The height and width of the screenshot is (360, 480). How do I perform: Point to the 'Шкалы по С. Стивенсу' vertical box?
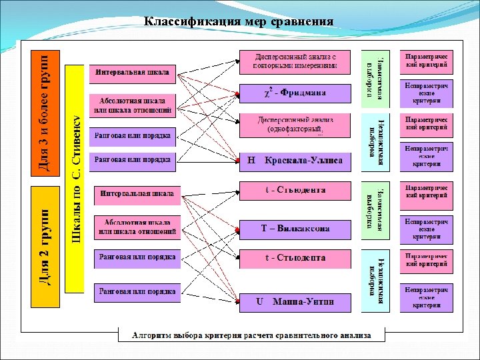[x=75, y=179]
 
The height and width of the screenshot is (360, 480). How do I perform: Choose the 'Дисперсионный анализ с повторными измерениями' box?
[x=294, y=61]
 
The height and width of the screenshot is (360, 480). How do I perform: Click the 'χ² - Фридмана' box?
[x=294, y=93]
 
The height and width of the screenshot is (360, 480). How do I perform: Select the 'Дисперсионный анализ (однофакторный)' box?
[x=294, y=125]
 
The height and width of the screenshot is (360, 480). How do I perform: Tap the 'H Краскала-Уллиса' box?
[x=294, y=161]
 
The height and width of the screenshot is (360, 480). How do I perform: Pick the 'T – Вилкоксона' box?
[x=294, y=229]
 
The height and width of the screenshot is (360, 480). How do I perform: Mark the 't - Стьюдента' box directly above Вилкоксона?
[x=294, y=191]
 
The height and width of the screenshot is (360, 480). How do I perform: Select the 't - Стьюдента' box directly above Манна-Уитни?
[x=294, y=257]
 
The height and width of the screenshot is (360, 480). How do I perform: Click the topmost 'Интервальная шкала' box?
[x=132, y=72]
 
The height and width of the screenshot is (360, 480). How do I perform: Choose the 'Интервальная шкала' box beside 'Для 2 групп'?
[x=137, y=195]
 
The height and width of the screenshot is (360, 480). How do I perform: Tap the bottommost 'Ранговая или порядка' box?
[x=137, y=291]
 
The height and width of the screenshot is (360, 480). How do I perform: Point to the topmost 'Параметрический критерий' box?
[x=426, y=62]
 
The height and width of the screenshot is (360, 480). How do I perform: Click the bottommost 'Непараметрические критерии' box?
[x=426, y=297]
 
